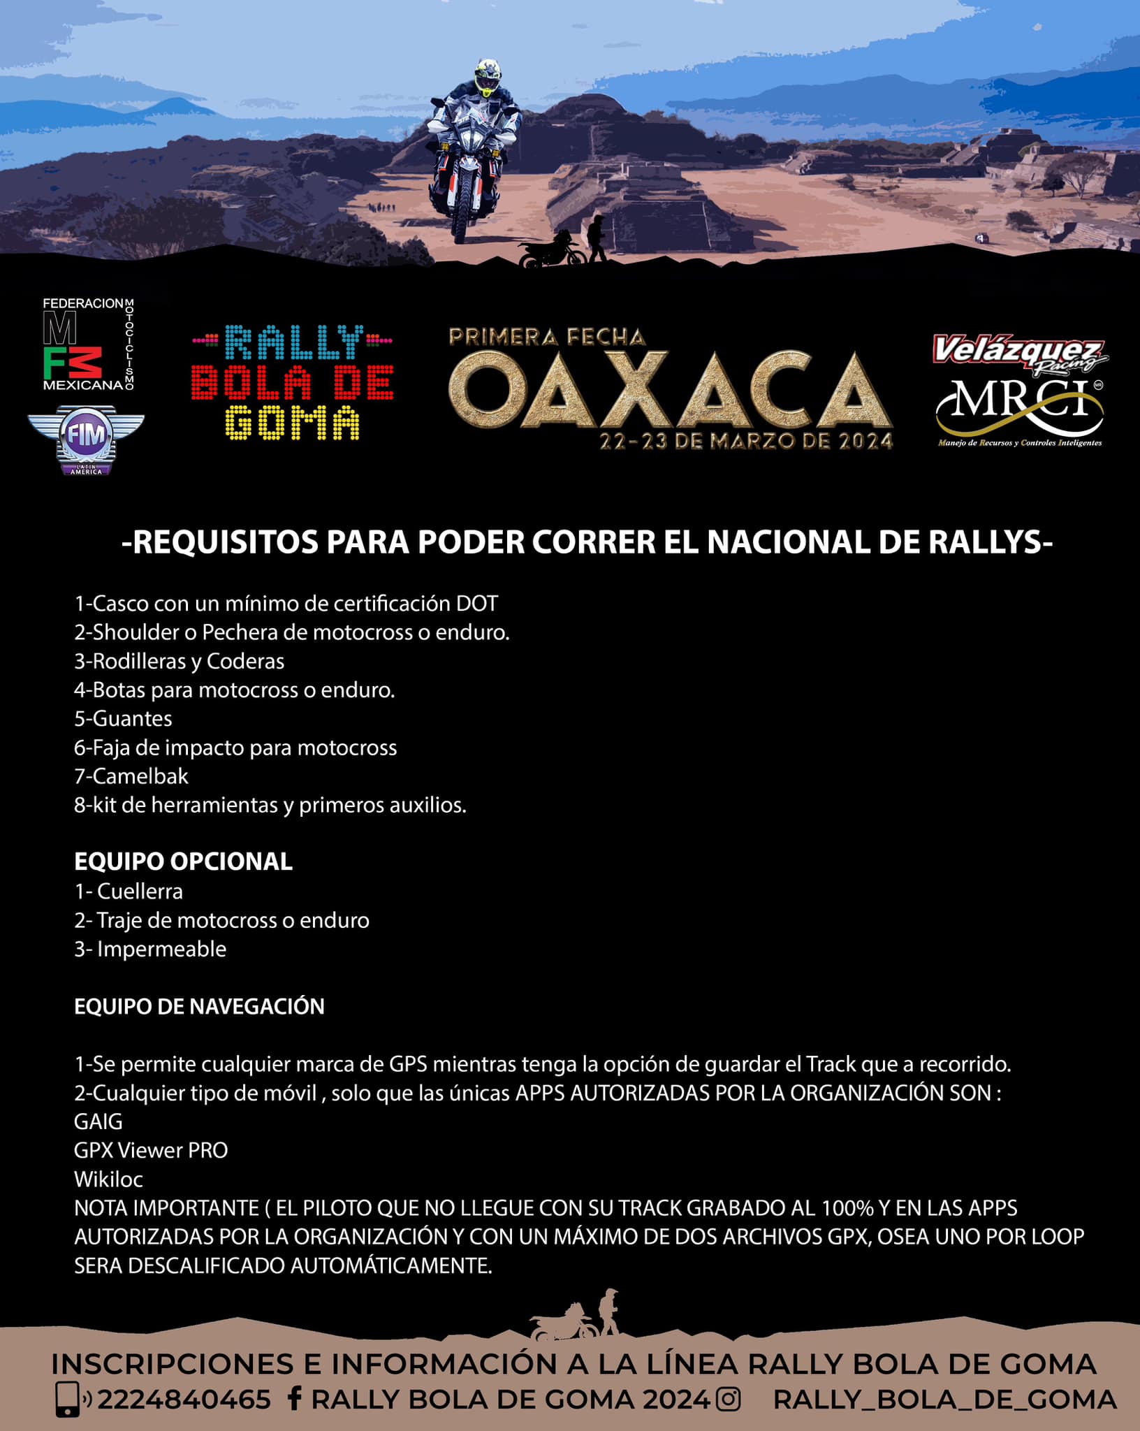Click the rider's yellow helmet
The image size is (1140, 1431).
tap(488, 77)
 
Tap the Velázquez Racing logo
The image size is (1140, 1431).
tap(1019, 354)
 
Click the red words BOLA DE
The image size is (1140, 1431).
tap(292, 382)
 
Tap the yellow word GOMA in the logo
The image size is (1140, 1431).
tap(293, 423)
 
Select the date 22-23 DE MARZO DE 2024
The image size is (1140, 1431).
tap(746, 442)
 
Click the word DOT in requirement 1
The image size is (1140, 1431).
tap(477, 604)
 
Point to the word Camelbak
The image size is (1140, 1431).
tap(140, 776)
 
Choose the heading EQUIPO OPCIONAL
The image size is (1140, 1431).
tap(183, 862)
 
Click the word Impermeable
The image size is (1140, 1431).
tap(161, 949)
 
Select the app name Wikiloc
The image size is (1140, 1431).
tap(108, 1179)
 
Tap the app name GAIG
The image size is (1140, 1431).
tap(98, 1121)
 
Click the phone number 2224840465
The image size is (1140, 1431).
tap(184, 1400)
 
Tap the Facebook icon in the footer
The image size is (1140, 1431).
tap(295, 1399)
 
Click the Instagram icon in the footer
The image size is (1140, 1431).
tap(729, 1400)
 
